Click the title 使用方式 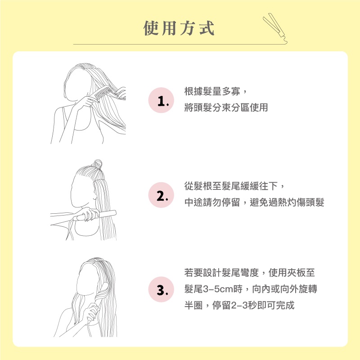(x=179, y=28)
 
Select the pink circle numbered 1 (x=161, y=100)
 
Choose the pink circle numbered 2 (x=161, y=195)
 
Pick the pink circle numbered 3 (x=161, y=289)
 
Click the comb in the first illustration (x=103, y=93)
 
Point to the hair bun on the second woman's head (x=98, y=164)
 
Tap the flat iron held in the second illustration (x=94, y=215)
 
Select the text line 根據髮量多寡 (x=212, y=91)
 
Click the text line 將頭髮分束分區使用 (x=226, y=107)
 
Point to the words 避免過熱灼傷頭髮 (x=287, y=202)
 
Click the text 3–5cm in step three (x=218, y=289)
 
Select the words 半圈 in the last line (x=193, y=305)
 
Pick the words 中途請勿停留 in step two (x=212, y=202)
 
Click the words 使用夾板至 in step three (x=292, y=273)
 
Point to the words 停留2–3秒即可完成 (x=253, y=305)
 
